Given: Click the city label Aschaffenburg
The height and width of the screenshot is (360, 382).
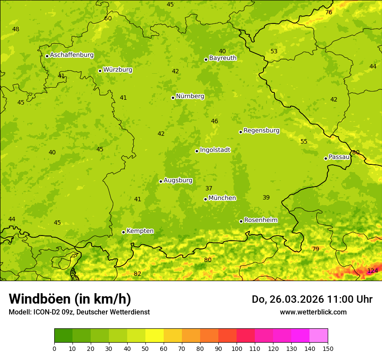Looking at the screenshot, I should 72,55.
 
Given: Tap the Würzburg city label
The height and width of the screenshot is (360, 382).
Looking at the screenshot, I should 118,70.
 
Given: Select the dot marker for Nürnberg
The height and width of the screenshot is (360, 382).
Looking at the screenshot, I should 173,98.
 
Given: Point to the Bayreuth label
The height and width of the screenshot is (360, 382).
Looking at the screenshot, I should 223,58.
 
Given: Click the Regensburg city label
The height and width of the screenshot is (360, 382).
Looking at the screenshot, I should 261,131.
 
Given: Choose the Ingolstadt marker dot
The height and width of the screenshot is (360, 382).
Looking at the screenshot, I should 197,151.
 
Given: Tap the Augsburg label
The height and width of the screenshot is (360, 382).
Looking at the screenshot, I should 178,180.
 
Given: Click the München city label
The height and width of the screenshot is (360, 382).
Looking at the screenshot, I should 222,198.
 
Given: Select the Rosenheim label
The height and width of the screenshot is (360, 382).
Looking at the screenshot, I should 261,220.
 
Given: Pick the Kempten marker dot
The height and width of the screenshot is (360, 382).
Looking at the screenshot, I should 123,232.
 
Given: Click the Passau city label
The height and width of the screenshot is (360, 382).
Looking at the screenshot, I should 339,157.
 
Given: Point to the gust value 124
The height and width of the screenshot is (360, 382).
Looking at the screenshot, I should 372,271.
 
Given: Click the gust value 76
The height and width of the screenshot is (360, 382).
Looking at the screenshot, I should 329,12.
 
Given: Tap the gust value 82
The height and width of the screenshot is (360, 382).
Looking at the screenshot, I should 137,274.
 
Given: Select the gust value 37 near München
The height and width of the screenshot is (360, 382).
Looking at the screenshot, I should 209,188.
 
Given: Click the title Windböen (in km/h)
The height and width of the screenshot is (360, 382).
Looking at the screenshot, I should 70,299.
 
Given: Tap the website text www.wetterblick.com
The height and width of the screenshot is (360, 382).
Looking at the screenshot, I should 313,312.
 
